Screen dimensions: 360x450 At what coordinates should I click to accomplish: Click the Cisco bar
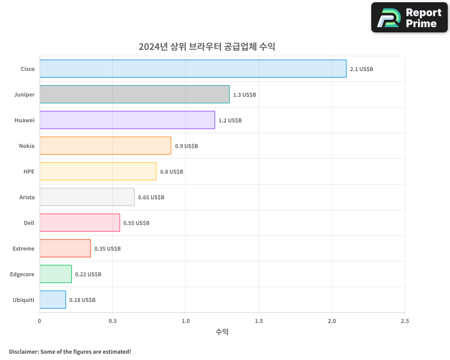point(193,69)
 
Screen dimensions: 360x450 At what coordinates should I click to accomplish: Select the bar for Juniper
point(134,94)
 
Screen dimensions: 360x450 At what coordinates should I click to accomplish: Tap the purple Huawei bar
point(127,120)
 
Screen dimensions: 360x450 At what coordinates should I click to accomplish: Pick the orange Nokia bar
point(105,146)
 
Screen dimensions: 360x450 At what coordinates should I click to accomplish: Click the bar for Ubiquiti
point(53,300)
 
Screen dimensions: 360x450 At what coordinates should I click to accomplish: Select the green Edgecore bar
point(55,274)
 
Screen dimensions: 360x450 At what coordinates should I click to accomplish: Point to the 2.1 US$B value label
point(361,69)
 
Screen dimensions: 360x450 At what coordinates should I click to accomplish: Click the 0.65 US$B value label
point(151,198)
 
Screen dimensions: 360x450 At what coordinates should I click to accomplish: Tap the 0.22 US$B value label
point(88,274)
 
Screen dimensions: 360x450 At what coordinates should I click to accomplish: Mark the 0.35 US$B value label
point(108,249)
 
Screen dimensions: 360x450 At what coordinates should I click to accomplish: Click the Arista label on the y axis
point(27,197)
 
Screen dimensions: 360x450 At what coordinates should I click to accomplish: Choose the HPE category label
point(29,171)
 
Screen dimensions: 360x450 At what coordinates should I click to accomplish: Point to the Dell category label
point(29,223)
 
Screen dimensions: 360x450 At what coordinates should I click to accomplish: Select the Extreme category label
point(23,248)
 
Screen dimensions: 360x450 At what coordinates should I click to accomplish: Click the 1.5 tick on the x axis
point(259,321)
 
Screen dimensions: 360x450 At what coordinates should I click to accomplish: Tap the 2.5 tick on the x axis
point(405,321)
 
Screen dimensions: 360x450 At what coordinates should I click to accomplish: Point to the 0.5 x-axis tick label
point(113,321)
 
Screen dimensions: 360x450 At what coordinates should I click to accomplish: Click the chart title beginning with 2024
point(207,46)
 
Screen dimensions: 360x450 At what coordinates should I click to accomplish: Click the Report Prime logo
point(409,18)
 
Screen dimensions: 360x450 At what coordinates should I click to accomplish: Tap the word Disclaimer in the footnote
point(23,351)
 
